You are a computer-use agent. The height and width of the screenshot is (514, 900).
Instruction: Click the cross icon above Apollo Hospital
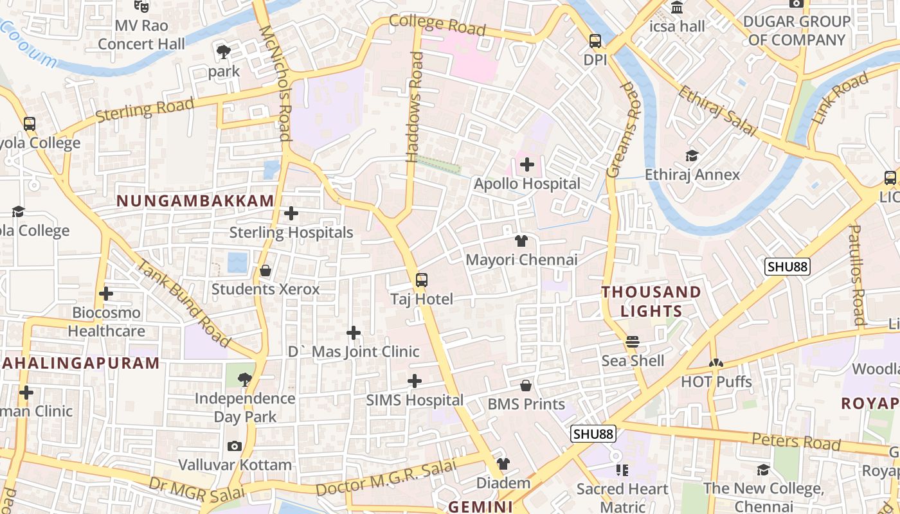pyautogui.click(x=526, y=165)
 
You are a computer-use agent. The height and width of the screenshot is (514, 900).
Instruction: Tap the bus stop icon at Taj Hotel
pyautogui.click(x=422, y=280)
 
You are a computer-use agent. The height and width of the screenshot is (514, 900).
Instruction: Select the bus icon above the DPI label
pyautogui.click(x=595, y=41)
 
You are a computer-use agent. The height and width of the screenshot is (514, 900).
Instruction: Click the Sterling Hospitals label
pyautogui.click(x=291, y=232)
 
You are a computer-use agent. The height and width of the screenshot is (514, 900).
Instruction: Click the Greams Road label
pyautogui.click(x=624, y=129)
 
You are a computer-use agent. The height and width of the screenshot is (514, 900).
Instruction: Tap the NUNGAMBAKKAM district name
pyautogui.click(x=195, y=201)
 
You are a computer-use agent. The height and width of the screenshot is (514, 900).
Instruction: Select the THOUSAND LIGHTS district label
pyautogui.click(x=651, y=301)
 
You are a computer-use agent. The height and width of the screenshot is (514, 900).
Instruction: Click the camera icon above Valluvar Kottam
pyautogui.click(x=235, y=446)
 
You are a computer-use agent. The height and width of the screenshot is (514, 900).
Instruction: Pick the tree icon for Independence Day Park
pyautogui.click(x=244, y=379)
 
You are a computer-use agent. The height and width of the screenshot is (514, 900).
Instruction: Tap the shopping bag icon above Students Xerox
pyautogui.click(x=265, y=271)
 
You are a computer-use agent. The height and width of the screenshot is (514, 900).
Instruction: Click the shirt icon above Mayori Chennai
pyautogui.click(x=521, y=242)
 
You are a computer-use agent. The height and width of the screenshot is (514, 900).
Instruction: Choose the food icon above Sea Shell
pyautogui.click(x=633, y=342)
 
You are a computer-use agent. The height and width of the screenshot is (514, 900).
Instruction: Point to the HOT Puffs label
pyautogui.click(x=716, y=382)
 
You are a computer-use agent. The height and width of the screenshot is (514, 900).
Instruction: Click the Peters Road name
pyautogui.click(x=796, y=441)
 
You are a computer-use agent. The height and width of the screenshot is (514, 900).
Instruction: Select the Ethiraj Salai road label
pyautogui.click(x=717, y=111)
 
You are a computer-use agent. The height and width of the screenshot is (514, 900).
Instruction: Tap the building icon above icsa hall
pyautogui.click(x=677, y=8)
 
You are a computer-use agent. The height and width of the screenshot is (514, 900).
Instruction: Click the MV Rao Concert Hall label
pyautogui.click(x=141, y=35)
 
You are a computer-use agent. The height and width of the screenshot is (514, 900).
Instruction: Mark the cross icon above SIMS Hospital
pyautogui.click(x=415, y=382)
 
